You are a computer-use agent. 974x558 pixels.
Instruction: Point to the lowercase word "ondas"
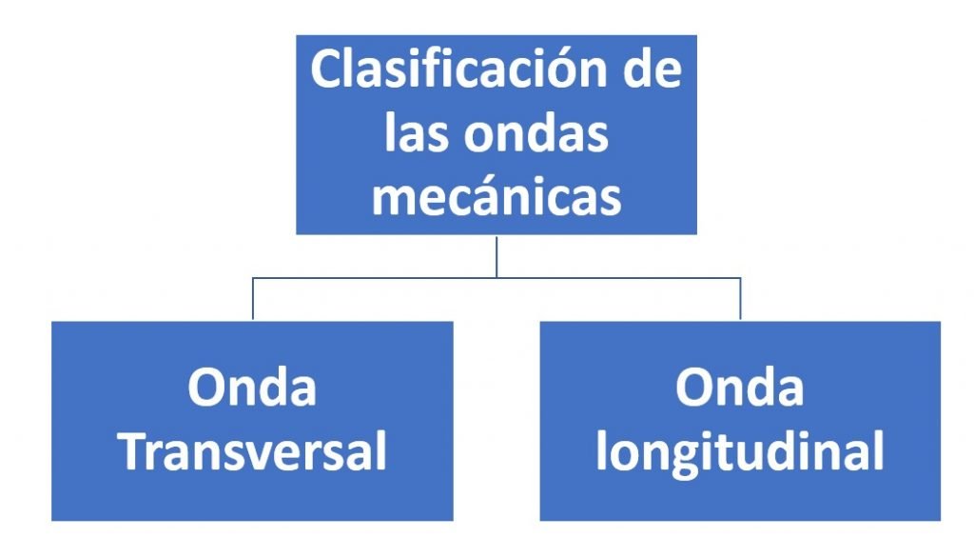click(536, 132)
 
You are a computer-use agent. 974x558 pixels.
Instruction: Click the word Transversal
click(253, 451)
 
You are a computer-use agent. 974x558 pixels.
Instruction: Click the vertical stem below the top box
click(497, 256)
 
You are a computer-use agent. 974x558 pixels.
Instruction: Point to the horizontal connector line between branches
click(497, 277)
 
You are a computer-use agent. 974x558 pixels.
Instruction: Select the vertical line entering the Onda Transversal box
click(253, 299)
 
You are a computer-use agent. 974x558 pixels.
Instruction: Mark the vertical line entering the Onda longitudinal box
click(740, 299)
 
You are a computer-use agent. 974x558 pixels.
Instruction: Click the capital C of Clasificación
click(327, 70)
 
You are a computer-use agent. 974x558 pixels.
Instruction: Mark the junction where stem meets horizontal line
click(497, 277)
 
